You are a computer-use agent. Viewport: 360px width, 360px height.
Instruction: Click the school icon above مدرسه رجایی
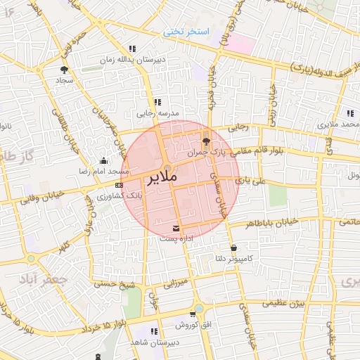coord(157,102)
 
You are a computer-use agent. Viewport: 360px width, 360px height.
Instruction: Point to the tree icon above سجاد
coord(65,70)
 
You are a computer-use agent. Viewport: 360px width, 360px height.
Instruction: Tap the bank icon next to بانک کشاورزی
coord(117,185)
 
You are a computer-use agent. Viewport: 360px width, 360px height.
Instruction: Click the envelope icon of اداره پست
coord(175,229)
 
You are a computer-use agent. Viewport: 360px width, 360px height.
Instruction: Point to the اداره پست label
coord(175,239)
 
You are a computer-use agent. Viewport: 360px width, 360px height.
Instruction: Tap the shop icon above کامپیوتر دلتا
coord(233,247)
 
